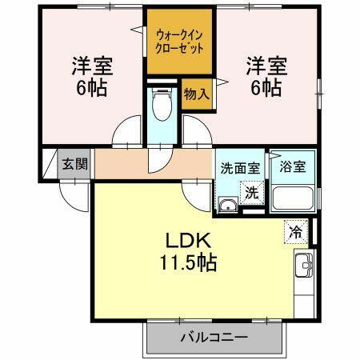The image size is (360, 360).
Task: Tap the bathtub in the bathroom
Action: [x=294, y=198]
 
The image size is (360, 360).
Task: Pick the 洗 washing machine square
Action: [x=252, y=192]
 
